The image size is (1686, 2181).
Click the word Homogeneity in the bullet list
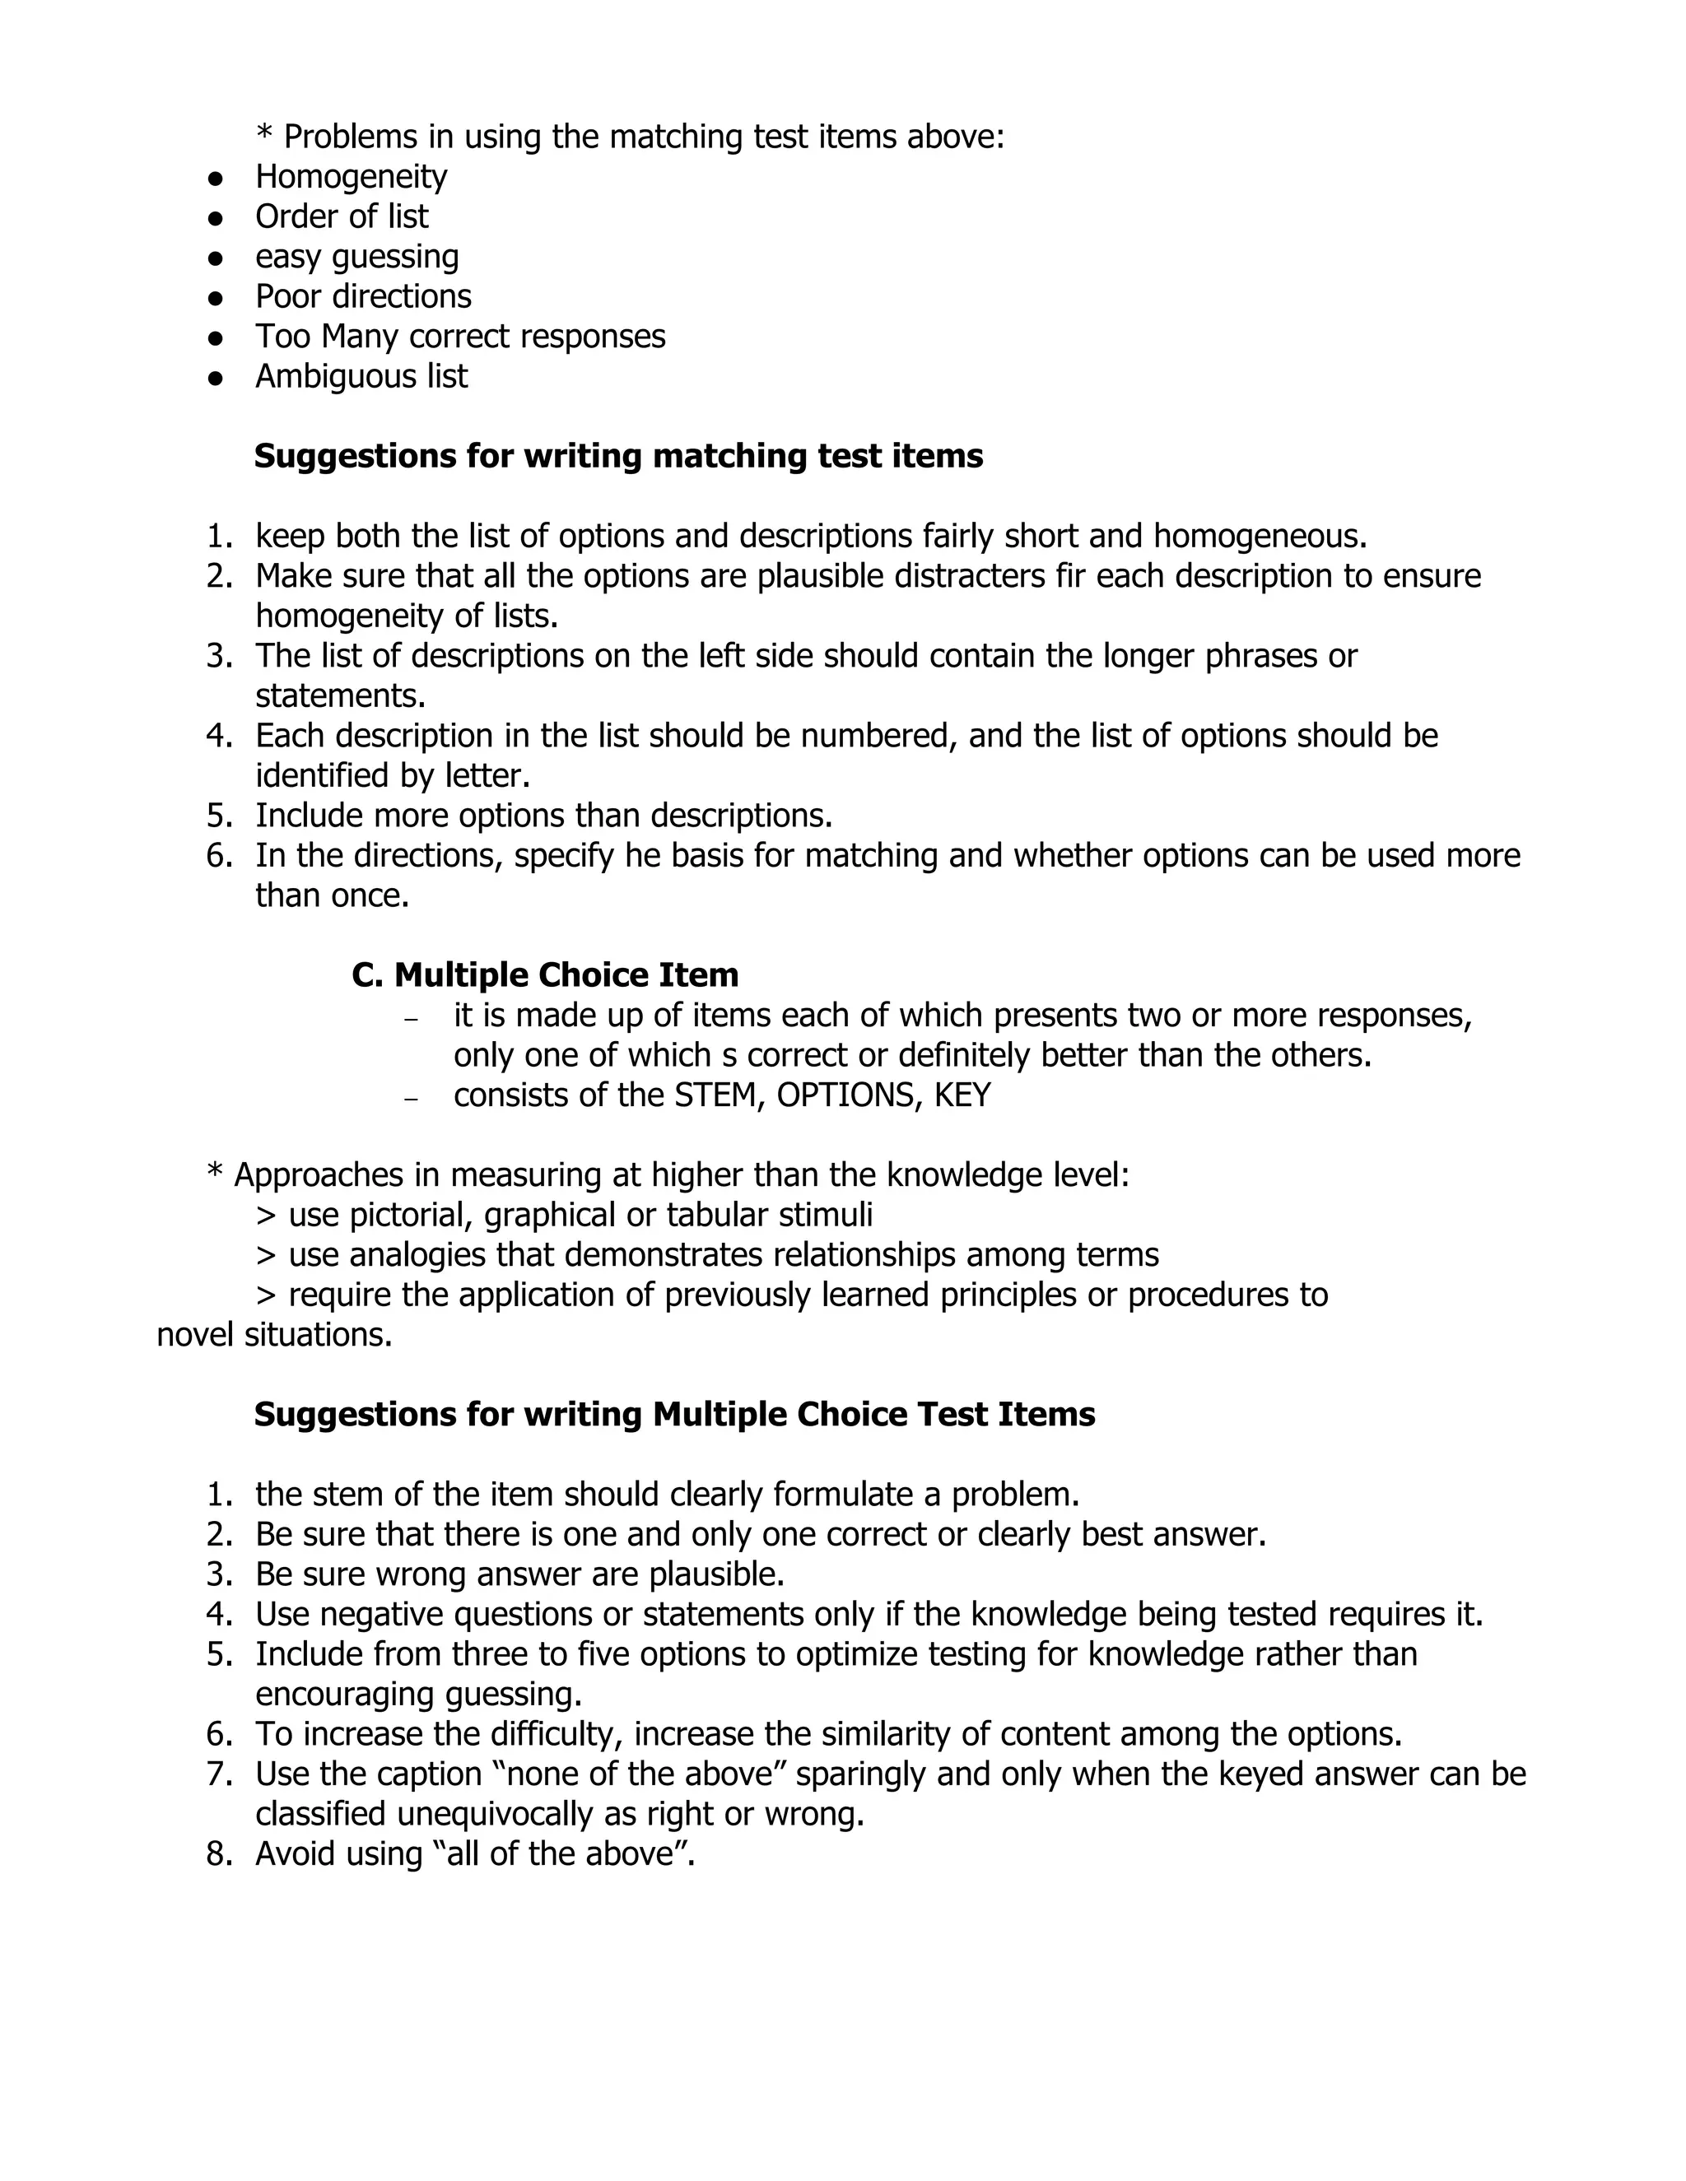pos(351,177)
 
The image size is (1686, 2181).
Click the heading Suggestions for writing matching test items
pos(618,457)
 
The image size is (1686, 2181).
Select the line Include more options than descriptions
pos(543,816)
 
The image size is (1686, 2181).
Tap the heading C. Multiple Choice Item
pos(545,974)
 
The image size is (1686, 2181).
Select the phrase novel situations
pos(275,1335)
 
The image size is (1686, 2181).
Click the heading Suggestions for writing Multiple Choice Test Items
pos(674,1414)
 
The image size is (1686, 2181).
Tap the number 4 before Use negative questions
pos(217,1615)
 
